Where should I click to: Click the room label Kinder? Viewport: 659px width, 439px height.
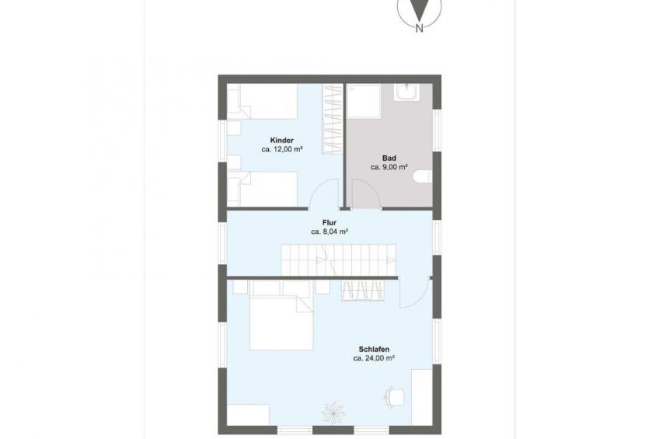[282, 141]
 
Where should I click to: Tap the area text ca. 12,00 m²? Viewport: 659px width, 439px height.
[282, 149]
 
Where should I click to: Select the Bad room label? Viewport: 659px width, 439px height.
[389, 159]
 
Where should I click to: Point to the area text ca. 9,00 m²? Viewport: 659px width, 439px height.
[389, 167]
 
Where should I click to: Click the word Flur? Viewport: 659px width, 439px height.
[329, 223]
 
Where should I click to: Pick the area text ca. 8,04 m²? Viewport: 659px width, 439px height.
[329, 232]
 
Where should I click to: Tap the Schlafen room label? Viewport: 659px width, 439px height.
[374, 349]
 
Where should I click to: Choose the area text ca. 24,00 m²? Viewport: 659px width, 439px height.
[374, 358]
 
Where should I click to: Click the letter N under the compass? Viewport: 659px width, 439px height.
[419, 29]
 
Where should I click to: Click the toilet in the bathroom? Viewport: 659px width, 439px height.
[423, 177]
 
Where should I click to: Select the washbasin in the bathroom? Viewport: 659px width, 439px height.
[407, 92]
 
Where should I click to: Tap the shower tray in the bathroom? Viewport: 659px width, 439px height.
[364, 101]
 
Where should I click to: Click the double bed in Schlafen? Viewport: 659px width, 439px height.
[281, 322]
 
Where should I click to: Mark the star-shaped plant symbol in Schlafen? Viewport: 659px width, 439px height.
[333, 412]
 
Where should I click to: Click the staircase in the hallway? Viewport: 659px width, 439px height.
[338, 260]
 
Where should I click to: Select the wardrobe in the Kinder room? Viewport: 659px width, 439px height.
[333, 119]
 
